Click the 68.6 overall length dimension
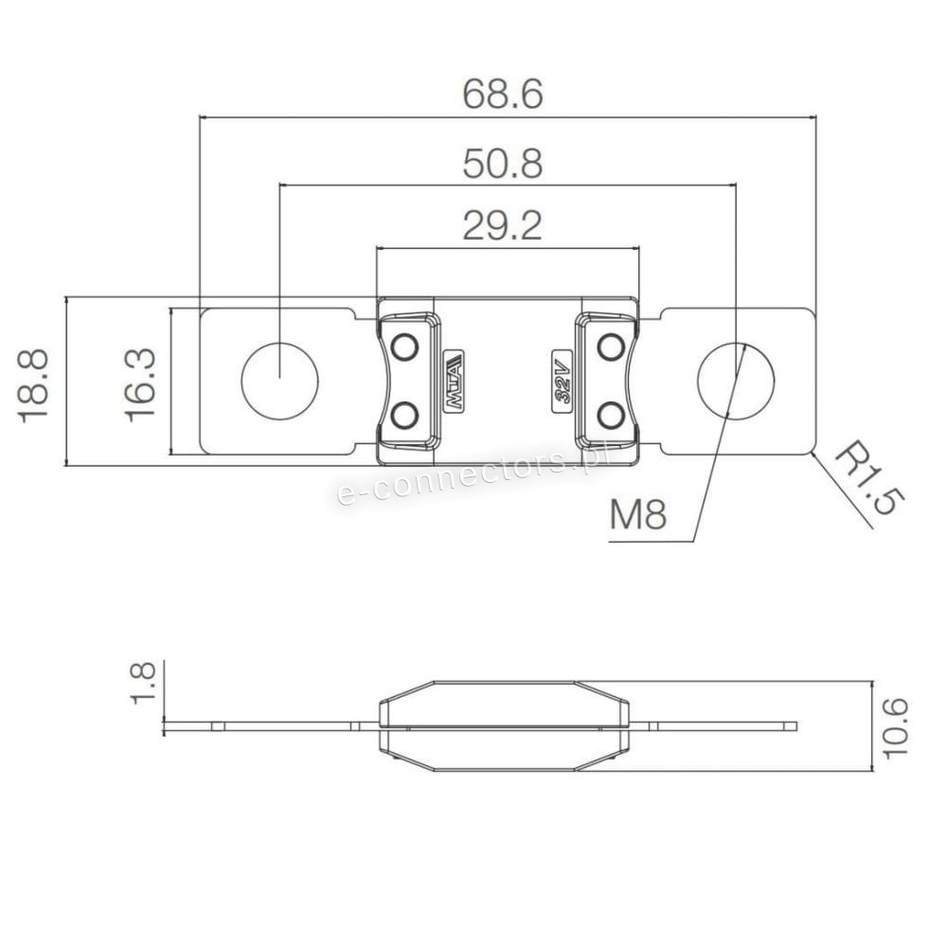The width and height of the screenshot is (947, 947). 503,94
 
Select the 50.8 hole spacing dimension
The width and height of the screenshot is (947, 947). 503,164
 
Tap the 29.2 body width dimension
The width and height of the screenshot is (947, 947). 503,225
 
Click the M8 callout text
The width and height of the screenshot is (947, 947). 638,514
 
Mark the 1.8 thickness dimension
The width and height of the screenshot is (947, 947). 143,681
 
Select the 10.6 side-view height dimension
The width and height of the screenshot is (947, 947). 895,727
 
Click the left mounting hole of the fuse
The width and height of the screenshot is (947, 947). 280,381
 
